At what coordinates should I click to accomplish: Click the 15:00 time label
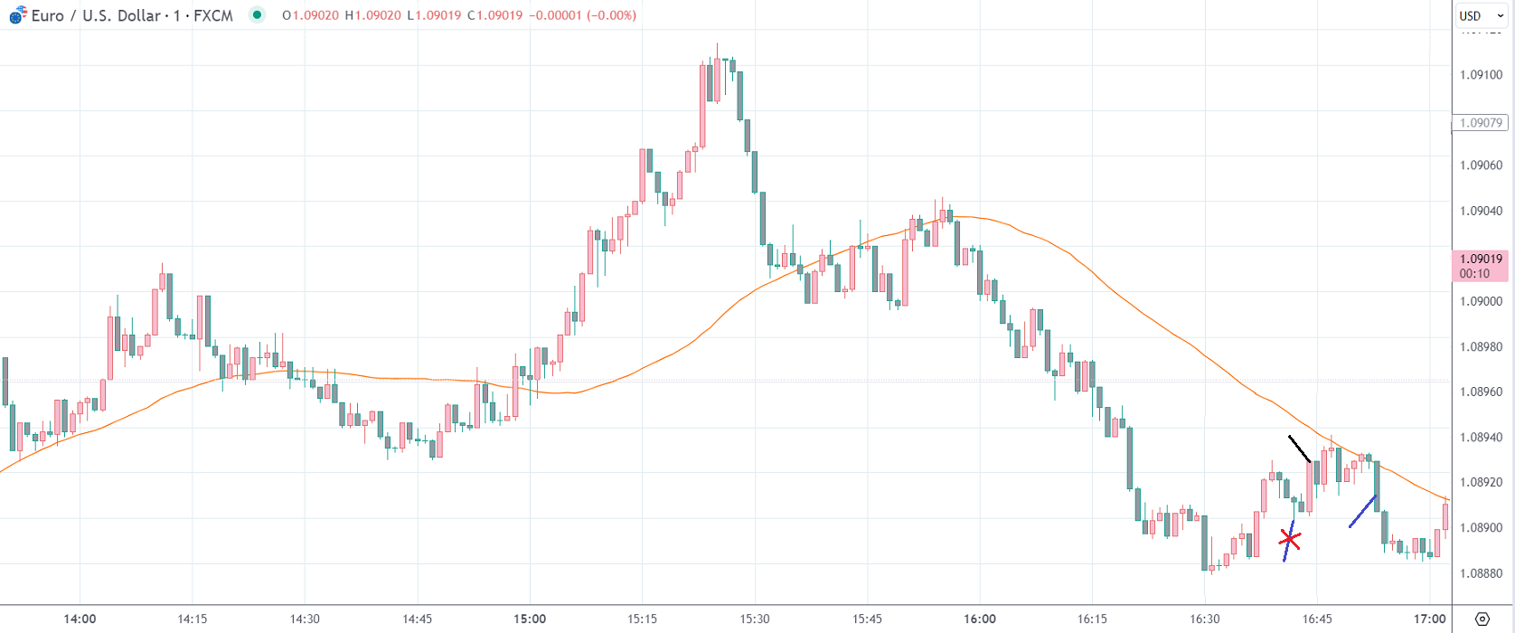(x=530, y=619)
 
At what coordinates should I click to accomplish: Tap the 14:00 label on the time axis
(x=80, y=619)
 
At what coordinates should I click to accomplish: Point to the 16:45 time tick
(x=1317, y=619)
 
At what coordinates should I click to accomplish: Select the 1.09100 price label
(x=1481, y=75)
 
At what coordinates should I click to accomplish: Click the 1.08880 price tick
(x=1481, y=573)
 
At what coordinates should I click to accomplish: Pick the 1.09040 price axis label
(x=1481, y=211)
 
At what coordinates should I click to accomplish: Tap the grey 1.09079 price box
(x=1480, y=123)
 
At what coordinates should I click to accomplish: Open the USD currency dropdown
(x=1480, y=15)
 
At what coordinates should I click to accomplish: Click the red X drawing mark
(x=1290, y=540)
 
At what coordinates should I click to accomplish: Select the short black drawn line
(x=1299, y=449)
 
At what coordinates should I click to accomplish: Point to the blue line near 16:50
(x=1362, y=511)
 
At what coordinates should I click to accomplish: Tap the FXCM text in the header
(x=213, y=15)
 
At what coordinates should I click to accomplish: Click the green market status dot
(x=258, y=15)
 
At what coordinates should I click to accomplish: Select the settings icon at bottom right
(x=1482, y=619)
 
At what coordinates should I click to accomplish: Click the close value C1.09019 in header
(x=494, y=15)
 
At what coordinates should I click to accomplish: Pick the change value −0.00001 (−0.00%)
(x=583, y=15)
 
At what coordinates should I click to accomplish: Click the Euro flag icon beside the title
(x=17, y=15)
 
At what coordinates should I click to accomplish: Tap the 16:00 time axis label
(x=980, y=619)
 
